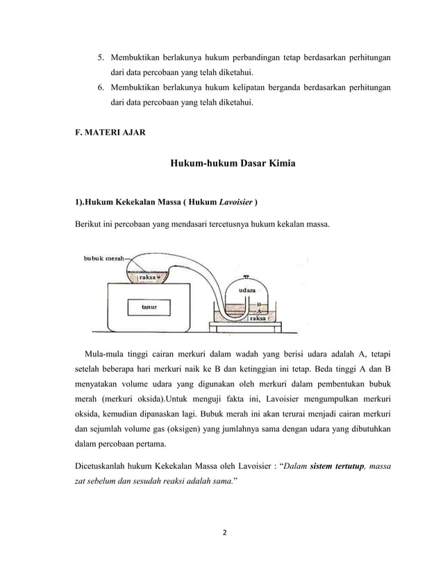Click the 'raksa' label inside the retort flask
click(147, 277)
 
